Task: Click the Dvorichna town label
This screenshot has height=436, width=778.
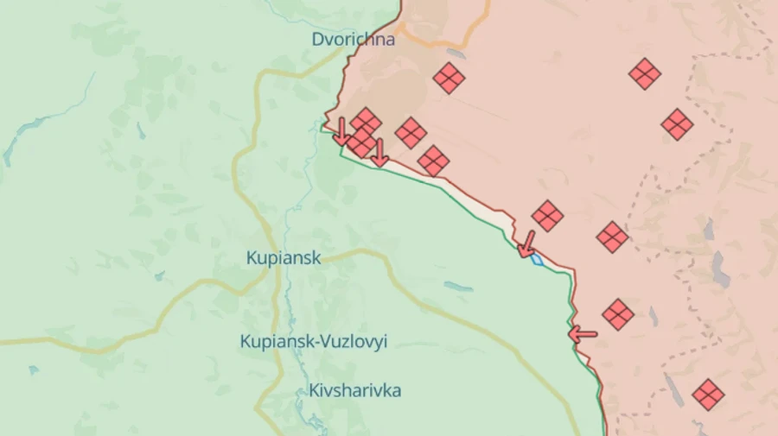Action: pos(354,39)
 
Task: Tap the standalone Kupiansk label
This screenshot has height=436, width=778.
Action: pos(284,257)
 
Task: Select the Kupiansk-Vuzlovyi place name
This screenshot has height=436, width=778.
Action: pos(313,341)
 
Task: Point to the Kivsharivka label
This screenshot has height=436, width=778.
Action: pos(354,390)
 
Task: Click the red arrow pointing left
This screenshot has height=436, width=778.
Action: pos(582,333)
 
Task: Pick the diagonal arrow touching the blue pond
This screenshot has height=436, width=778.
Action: pos(526,244)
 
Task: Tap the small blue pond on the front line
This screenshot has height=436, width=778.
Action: pos(537,259)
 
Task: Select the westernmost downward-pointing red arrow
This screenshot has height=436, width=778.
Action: pos(341,131)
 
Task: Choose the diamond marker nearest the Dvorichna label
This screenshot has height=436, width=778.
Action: pos(449,78)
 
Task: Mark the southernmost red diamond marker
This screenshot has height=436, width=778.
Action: pos(708,395)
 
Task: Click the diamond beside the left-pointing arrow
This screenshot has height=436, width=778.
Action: pos(618,314)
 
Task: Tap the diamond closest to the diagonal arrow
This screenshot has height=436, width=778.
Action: pos(547,216)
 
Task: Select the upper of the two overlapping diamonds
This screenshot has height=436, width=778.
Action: pos(367,122)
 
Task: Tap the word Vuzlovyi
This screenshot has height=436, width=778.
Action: pos(354,341)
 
